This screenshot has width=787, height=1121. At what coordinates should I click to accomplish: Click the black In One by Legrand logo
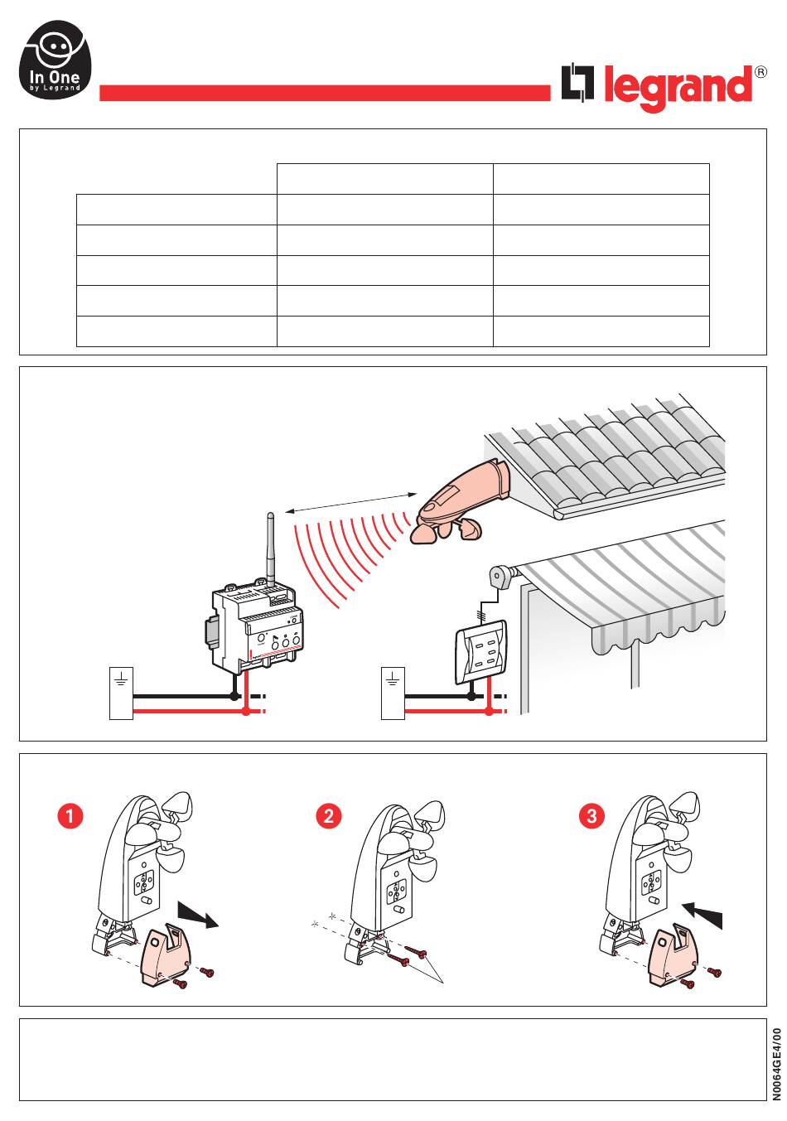click(56, 60)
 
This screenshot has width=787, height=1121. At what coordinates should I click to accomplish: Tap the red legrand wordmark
click(678, 88)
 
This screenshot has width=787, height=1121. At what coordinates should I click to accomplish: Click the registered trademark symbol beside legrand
click(760, 72)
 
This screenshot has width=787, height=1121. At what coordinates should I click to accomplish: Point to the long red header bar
click(325, 93)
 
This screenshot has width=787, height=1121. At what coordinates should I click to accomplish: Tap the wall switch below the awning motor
click(480, 651)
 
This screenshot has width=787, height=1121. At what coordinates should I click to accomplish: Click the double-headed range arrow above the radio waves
click(350, 503)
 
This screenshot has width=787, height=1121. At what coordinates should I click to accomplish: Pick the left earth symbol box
click(121, 693)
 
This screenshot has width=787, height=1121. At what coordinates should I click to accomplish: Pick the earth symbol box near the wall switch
click(393, 693)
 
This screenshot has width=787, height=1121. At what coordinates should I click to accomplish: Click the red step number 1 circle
click(70, 816)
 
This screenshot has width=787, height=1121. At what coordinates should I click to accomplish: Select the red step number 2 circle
click(329, 816)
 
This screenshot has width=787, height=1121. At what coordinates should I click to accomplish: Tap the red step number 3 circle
click(591, 816)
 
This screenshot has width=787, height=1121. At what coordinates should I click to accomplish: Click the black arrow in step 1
click(198, 915)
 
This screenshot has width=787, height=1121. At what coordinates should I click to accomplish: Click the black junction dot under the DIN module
click(234, 696)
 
